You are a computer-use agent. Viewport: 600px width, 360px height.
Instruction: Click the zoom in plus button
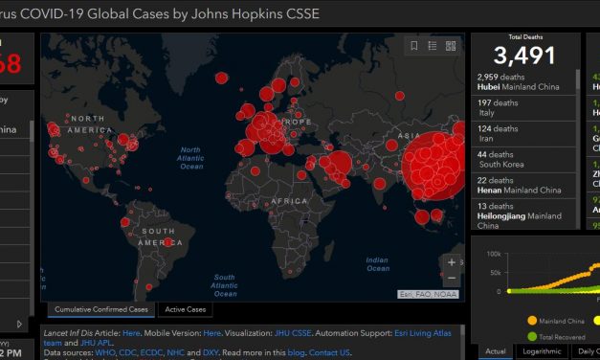pos(452,261)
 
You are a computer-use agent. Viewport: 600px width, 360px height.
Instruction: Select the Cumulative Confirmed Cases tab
pos(101,309)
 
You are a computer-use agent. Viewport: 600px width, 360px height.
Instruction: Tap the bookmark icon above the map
pos(413,46)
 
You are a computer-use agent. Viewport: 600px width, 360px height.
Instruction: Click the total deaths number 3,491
pos(524,55)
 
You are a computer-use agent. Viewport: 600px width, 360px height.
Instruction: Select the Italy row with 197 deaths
pos(498,109)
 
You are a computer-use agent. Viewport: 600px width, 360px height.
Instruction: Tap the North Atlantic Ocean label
pos(191,159)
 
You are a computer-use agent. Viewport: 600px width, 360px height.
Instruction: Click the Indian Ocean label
pos(377,262)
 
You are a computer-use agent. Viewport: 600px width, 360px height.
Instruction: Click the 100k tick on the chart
pos(493,254)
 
